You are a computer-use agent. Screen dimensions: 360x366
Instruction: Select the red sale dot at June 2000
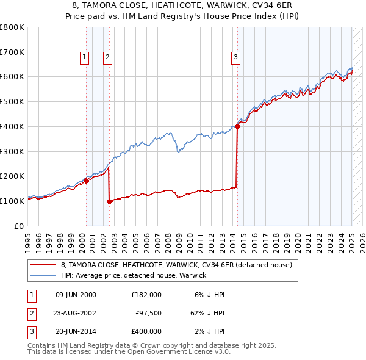click(86, 180)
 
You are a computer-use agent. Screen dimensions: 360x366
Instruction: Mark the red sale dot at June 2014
click(237, 126)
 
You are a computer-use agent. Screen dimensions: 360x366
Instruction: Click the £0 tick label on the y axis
click(20, 226)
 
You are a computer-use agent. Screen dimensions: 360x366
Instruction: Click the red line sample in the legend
click(43, 265)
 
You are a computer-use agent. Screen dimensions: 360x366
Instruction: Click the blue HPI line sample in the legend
click(43, 275)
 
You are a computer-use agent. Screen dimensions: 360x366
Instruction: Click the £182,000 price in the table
click(146, 295)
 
